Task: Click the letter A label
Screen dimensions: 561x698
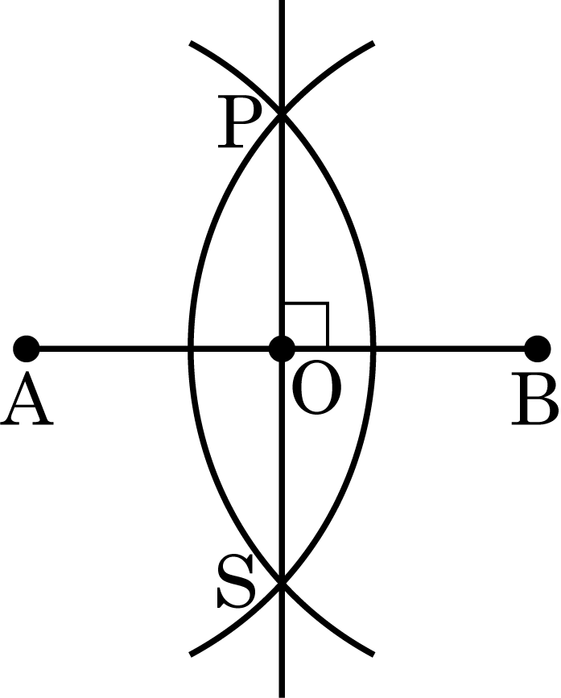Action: click(x=27, y=399)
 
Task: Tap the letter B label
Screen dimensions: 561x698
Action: click(x=534, y=399)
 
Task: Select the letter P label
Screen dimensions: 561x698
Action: click(x=239, y=122)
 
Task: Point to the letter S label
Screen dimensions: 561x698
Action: click(x=237, y=582)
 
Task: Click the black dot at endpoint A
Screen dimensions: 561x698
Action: click(x=27, y=349)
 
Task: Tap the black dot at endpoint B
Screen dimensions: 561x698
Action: click(x=538, y=349)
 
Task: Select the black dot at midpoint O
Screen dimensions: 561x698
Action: click(x=282, y=349)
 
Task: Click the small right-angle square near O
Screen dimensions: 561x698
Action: click(x=307, y=324)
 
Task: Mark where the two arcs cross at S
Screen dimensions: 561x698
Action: click(x=282, y=583)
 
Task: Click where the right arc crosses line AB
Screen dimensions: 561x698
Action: click(x=373, y=349)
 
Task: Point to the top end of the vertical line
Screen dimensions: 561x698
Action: click(x=282, y=1)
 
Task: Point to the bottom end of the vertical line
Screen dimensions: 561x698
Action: click(x=282, y=696)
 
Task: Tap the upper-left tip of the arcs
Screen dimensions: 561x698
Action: click(x=191, y=43)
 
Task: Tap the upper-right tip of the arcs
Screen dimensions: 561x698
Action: click(x=373, y=43)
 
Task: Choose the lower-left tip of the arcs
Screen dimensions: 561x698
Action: click(x=191, y=655)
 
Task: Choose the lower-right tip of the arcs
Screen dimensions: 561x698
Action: click(x=373, y=655)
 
